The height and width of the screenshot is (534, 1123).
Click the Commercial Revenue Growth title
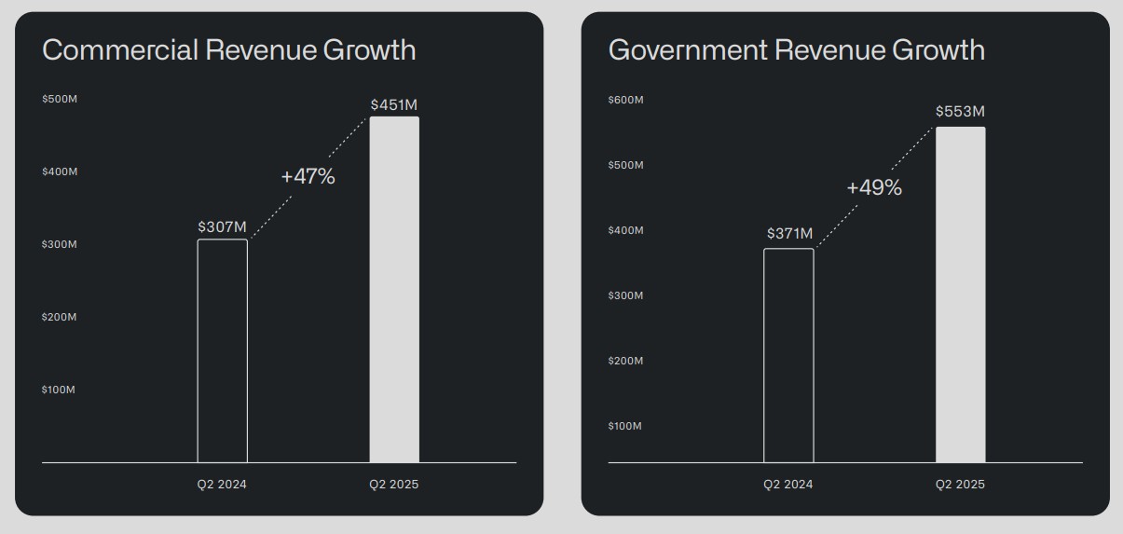click(x=228, y=50)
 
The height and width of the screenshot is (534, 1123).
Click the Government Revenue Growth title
click(x=796, y=50)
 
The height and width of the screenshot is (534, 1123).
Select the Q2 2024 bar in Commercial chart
click(x=222, y=350)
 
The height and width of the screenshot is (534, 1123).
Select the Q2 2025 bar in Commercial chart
click(x=394, y=289)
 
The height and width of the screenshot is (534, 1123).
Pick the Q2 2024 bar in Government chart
click(x=788, y=355)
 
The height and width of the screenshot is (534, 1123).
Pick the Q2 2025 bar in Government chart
click(x=960, y=294)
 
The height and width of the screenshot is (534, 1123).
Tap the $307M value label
click(x=222, y=226)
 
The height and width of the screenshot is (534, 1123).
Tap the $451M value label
click(x=394, y=104)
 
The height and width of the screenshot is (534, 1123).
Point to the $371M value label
click(x=789, y=233)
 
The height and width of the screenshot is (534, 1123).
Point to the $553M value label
click(x=960, y=112)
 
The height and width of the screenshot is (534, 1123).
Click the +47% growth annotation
click(x=308, y=176)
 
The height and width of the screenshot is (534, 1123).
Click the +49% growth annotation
click(x=874, y=187)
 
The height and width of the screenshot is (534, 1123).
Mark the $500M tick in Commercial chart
click(x=59, y=99)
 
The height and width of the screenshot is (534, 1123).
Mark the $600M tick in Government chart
click(x=625, y=100)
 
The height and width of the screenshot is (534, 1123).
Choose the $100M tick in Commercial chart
click(x=58, y=390)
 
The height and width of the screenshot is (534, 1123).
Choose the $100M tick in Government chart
click(x=624, y=426)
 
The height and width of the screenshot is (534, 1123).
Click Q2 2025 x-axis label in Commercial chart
click(x=393, y=485)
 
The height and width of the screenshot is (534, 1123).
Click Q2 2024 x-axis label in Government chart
click(x=787, y=485)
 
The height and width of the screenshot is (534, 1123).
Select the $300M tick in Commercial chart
click(x=59, y=244)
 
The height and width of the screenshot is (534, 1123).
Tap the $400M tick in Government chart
click(x=625, y=230)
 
